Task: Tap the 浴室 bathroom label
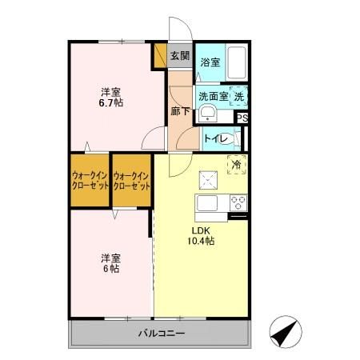(x=210, y=62)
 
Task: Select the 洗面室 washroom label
(x=213, y=96)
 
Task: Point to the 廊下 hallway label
(x=180, y=111)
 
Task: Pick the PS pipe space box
(x=242, y=118)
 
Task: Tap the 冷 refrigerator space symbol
(x=237, y=164)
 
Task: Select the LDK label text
(x=199, y=229)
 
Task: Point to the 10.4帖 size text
(x=200, y=240)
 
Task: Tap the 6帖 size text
(x=110, y=269)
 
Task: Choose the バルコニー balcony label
(x=161, y=333)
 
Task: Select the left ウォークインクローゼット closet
(x=89, y=180)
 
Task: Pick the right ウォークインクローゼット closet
(x=131, y=180)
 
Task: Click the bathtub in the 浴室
(x=234, y=61)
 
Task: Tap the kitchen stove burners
(x=238, y=201)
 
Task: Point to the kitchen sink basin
(x=206, y=202)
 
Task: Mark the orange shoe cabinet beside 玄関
(x=159, y=55)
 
